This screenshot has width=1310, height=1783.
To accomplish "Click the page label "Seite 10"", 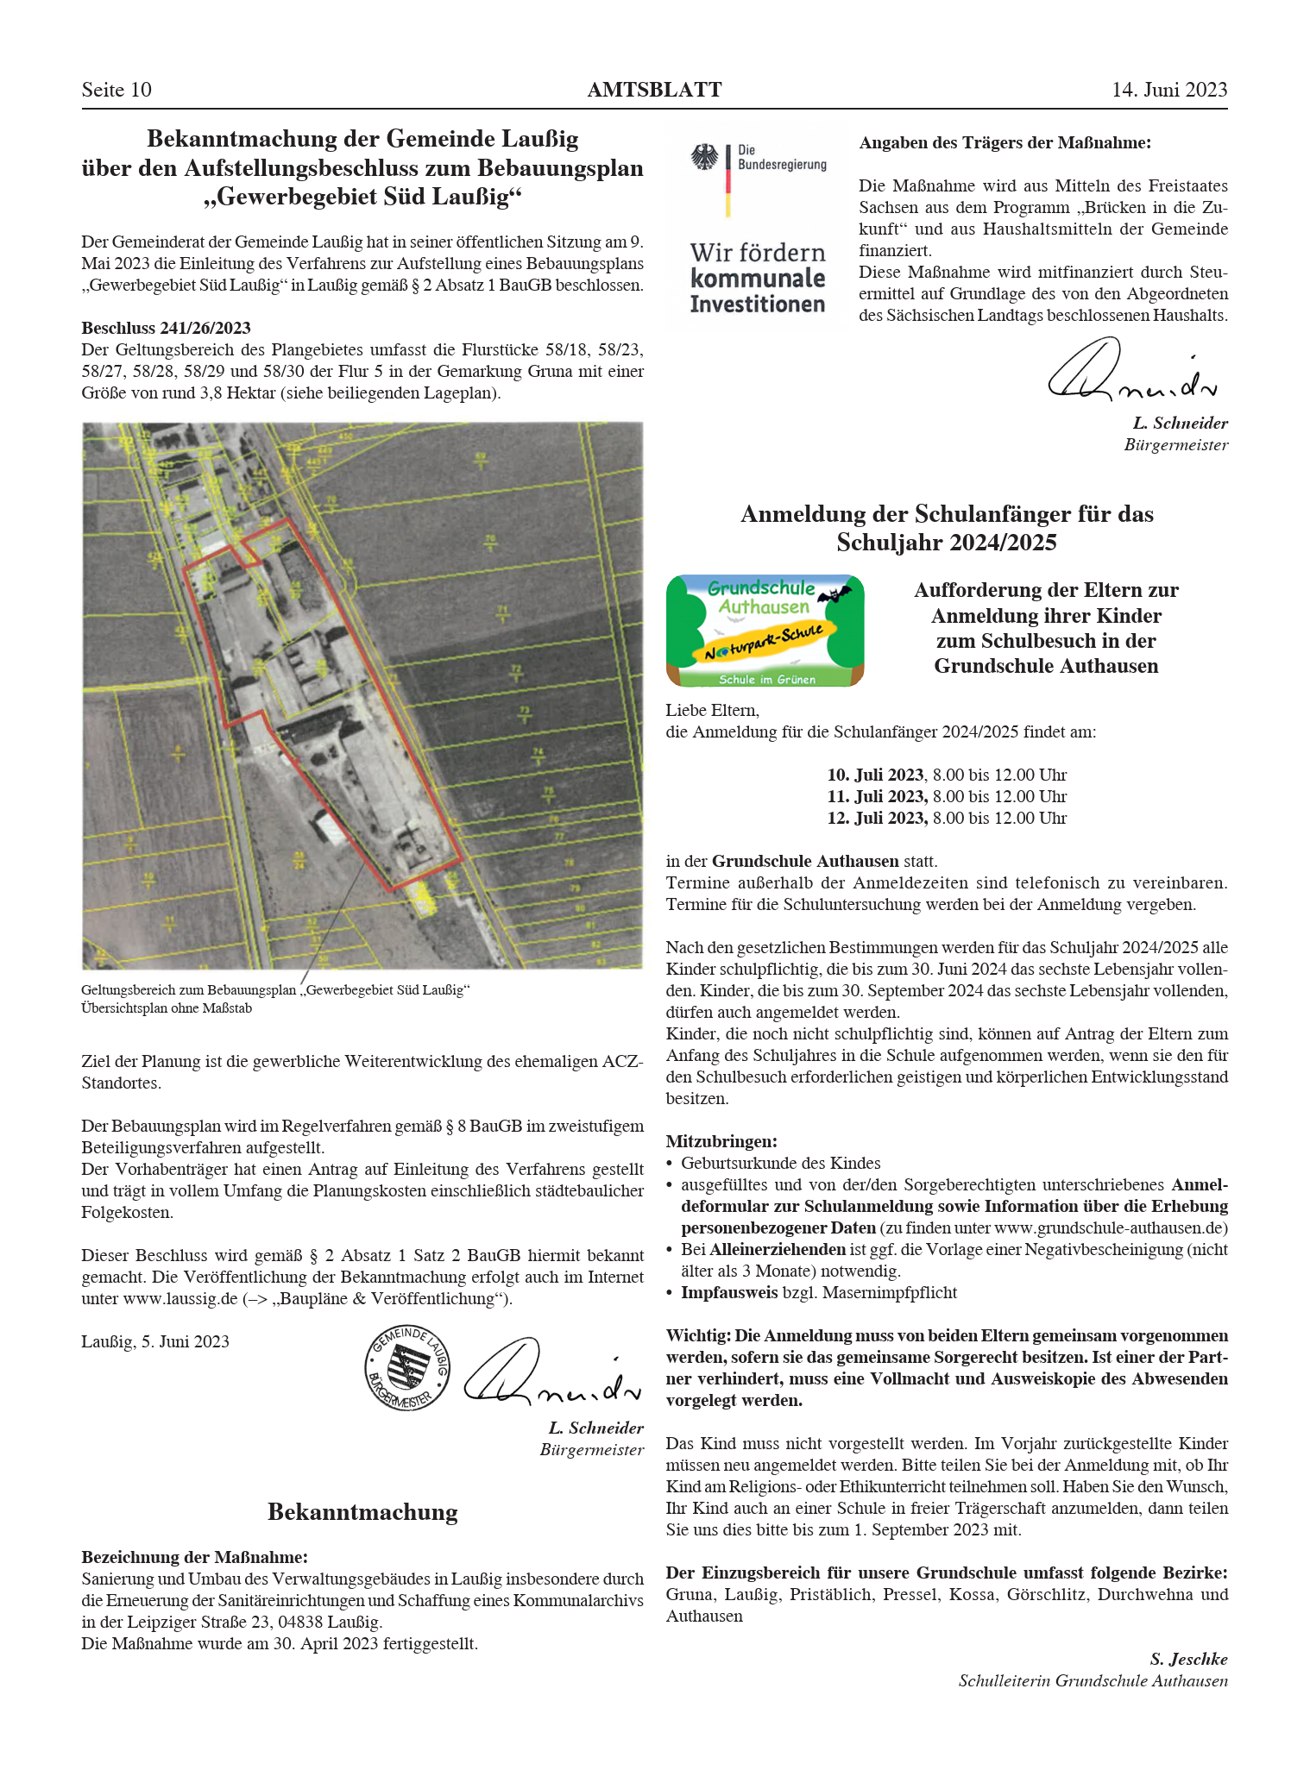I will click(x=117, y=91).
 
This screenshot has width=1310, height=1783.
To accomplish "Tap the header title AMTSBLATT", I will click(x=654, y=91).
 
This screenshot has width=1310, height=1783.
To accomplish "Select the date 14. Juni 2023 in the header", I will click(x=1168, y=91).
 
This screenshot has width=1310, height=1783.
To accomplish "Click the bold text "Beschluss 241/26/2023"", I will click(x=166, y=328).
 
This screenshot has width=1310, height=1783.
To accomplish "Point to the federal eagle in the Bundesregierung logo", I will click(x=705, y=158).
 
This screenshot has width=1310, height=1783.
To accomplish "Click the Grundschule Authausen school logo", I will click(x=765, y=631).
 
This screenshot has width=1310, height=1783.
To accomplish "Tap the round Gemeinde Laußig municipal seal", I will click(x=407, y=1367).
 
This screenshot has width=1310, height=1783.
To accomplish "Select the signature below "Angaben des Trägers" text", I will click(x=1131, y=371).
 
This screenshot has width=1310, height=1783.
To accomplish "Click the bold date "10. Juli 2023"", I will click(x=876, y=775).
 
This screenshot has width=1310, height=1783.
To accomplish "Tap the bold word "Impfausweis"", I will click(x=728, y=1292).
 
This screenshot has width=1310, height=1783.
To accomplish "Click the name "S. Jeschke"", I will click(x=1187, y=1659).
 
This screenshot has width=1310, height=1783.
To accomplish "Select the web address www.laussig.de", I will click(x=179, y=1298).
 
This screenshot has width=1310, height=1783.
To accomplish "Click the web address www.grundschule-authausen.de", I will click(x=1110, y=1227).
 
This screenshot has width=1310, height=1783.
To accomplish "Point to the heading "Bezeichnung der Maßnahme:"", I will click(x=194, y=1557).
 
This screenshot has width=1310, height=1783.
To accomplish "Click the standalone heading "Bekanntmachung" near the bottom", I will click(x=362, y=1511).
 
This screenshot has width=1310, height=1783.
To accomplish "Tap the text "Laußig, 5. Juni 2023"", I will click(x=155, y=1341).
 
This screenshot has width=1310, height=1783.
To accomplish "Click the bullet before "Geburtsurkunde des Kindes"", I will click(x=670, y=1164).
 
